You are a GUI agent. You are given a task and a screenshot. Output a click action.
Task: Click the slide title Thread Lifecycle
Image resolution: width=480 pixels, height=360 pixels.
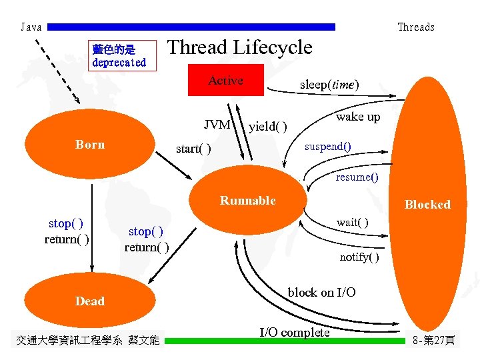(239, 47)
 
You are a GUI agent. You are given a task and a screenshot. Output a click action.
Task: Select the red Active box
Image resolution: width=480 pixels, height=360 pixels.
(225, 81)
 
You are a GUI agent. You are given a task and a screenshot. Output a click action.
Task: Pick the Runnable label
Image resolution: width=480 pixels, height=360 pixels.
(247, 201)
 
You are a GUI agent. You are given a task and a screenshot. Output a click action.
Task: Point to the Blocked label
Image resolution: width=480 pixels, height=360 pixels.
(427, 205)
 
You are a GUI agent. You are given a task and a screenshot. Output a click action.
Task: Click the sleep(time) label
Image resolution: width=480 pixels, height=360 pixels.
(329, 85)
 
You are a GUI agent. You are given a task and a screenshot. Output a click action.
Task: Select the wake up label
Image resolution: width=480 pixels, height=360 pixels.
(358, 117)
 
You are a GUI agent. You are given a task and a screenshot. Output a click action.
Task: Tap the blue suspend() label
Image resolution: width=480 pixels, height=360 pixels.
(328, 146)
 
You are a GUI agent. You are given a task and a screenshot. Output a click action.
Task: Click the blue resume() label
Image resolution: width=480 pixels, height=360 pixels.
(357, 177)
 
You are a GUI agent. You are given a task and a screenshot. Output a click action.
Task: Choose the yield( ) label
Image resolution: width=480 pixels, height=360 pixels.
(268, 127)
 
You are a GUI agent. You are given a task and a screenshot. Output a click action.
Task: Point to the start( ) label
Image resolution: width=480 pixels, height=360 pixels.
(193, 148)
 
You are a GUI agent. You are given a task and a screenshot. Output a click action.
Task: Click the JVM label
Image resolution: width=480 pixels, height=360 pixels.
(217, 125)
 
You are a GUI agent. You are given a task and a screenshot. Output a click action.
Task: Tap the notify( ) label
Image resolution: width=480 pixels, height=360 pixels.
(359, 257)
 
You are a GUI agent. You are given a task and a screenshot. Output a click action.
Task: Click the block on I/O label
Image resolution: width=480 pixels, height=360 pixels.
(321, 293)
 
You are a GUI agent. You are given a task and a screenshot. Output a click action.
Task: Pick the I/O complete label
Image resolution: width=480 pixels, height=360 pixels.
(294, 332)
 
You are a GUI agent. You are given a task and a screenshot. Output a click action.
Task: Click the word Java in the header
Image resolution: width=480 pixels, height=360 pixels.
(31, 27)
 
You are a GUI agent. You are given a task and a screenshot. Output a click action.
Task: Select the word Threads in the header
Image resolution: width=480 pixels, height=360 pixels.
(415, 27)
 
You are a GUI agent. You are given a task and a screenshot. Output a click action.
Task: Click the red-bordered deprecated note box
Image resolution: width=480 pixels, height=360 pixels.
(119, 56)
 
